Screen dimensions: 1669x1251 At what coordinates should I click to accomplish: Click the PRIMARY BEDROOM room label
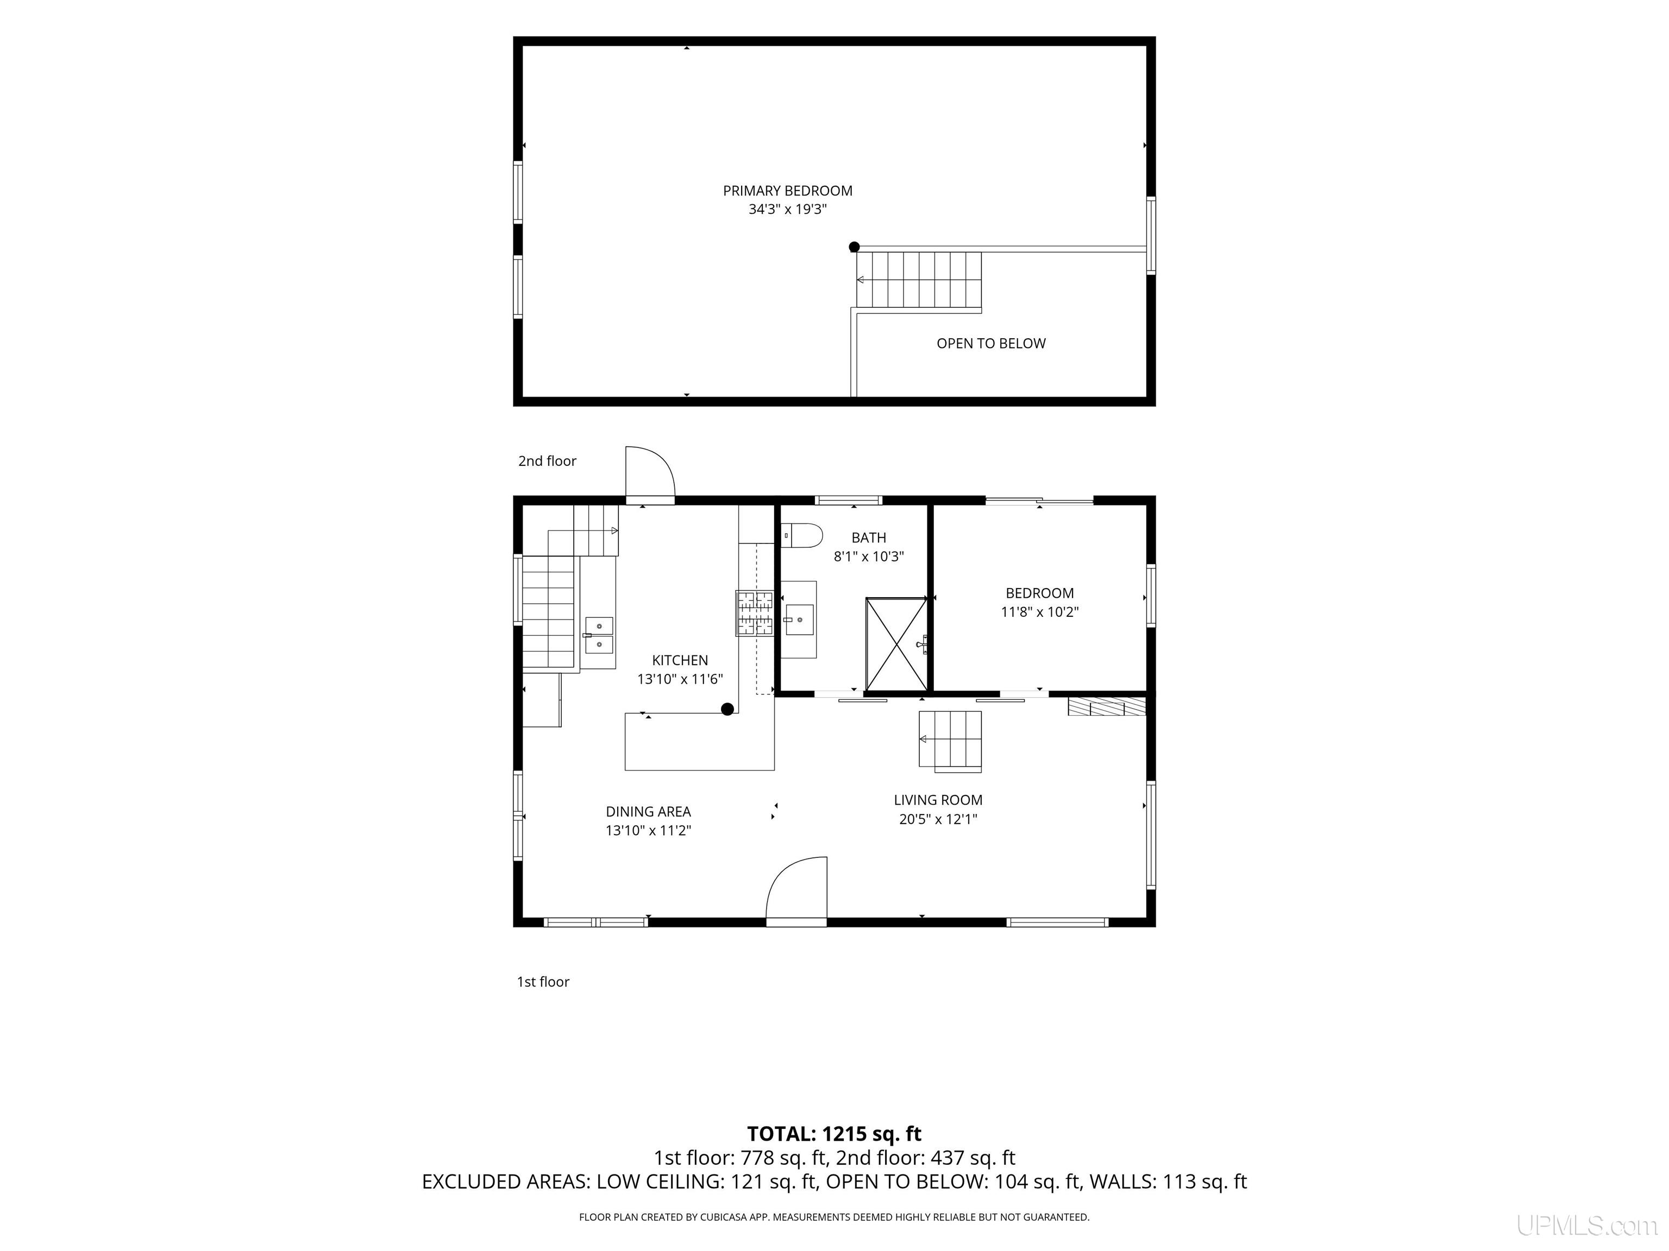pyautogui.click(x=788, y=191)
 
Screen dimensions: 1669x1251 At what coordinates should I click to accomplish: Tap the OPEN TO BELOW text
pyautogui.click(x=990, y=343)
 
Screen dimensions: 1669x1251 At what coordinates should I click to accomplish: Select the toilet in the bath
pyautogui.click(x=801, y=535)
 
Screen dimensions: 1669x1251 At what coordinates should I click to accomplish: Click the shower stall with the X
pyautogui.click(x=896, y=644)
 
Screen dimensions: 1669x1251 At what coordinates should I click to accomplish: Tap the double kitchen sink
pyautogui.click(x=599, y=635)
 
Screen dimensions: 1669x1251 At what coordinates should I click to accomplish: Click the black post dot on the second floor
pyautogui.click(x=854, y=247)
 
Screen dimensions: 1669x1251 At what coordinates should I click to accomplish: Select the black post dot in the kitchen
pyautogui.click(x=727, y=709)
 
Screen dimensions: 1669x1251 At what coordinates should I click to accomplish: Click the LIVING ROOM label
pyautogui.click(x=938, y=800)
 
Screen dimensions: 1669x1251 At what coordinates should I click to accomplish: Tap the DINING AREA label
pyautogui.click(x=648, y=811)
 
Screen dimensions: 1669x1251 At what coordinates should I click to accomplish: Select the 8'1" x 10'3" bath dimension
pyautogui.click(x=868, y=557)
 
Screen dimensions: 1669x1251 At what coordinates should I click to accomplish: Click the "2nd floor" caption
pyautogui.click(x=547, y=461)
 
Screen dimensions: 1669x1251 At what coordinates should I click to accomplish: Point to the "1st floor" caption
pyautogui.click(x=543, y=982)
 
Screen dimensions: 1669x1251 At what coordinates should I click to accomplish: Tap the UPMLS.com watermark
pyautogui.click(x=1586, y=1226)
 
